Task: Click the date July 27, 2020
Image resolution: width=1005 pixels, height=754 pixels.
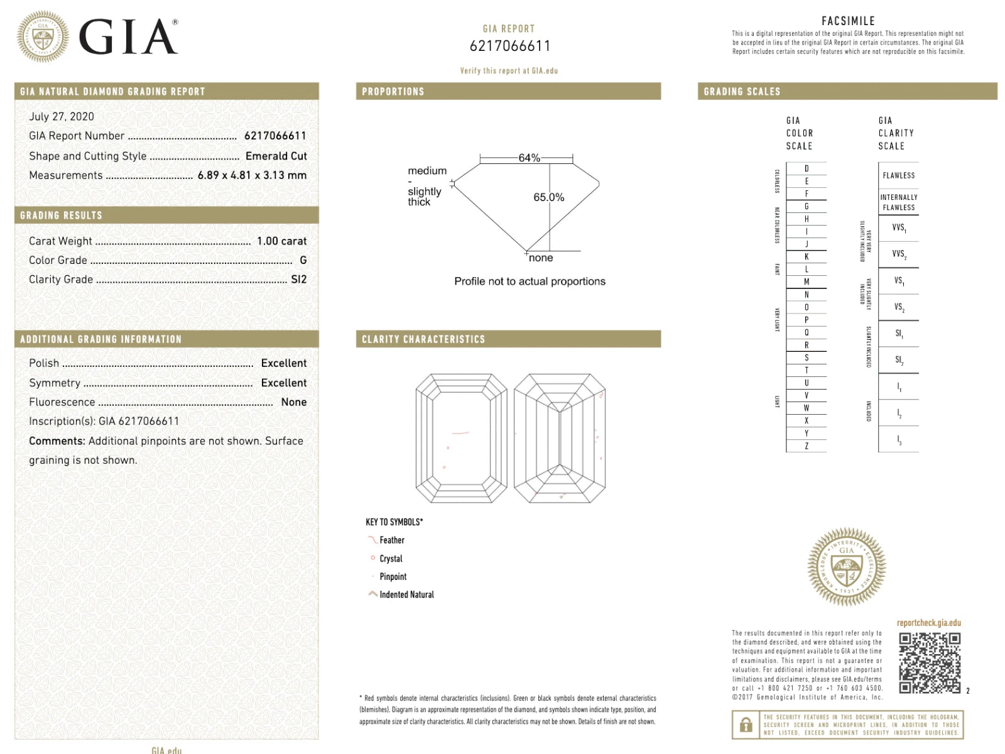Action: point(62,117)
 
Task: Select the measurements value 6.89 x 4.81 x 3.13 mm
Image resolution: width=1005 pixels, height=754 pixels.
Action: point(252,175)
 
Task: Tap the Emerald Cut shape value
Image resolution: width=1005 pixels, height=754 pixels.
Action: point(276,156)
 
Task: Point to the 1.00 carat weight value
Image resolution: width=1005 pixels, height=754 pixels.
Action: point(281,241)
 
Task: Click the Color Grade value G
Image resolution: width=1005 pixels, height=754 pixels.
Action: point(303,260)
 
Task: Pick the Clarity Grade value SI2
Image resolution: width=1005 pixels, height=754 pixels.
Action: point(299,280)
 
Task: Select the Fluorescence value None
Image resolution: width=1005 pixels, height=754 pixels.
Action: point(293,402)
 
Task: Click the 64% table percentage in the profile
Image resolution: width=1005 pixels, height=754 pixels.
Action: point(529,158)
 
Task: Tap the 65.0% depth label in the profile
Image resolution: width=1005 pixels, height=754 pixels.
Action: point(548,197)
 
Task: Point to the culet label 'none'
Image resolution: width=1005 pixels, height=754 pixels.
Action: point(541,258)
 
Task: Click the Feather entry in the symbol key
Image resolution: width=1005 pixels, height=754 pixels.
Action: point(391,540)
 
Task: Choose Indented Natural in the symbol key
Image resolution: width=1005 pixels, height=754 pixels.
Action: point(406,594)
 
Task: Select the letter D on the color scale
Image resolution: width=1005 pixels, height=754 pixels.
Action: point(807,169)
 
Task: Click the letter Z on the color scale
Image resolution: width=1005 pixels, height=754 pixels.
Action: point(807,446)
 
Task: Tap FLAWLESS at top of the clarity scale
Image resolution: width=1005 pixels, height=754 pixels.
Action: point(898,176)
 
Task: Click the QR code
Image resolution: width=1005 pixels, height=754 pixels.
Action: point(930,663)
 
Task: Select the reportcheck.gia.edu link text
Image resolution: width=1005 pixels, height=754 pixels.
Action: point(928,623)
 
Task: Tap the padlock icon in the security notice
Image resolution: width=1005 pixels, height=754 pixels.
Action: point(746,725)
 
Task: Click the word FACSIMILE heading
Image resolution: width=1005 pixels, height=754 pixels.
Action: point(848,21)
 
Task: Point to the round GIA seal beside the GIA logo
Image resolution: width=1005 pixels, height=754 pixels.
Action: point(43,36)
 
